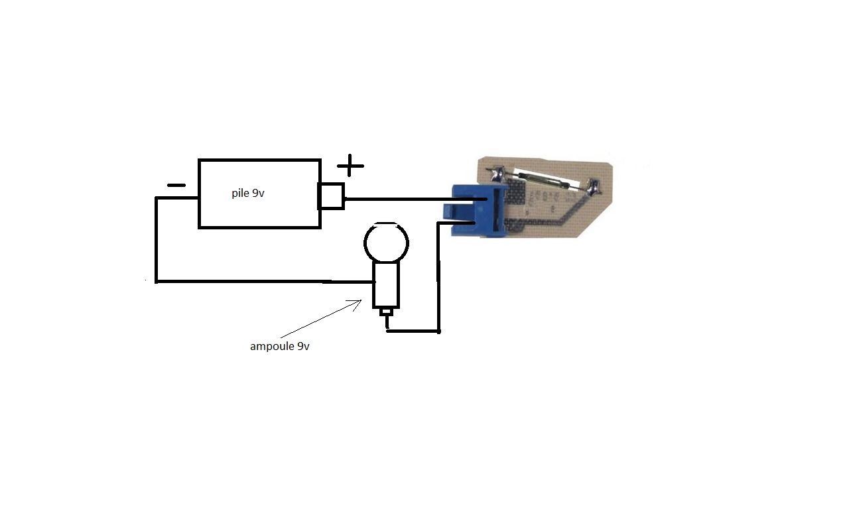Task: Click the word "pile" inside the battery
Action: (240, 194)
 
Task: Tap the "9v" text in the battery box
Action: (259, 193)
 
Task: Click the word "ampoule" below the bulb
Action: (272, 347)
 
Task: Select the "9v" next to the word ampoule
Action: (303, 346)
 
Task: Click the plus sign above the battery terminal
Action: (350, 165)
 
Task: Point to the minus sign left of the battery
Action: (176, 185)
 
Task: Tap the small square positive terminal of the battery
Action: (331, 196)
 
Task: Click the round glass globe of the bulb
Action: (386, 243)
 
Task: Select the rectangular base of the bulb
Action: (385, 286)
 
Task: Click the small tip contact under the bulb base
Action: (386, 312)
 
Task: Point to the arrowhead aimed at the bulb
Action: (356, 304)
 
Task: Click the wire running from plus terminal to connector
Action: (416, 199)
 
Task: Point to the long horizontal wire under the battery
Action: (264, 281)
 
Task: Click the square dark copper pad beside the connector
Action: (516, 194)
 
